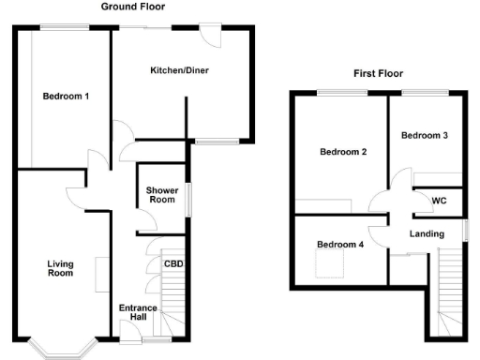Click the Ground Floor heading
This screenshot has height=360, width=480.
[134, 6]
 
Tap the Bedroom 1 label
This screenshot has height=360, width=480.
[66, 96]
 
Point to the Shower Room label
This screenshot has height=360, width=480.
[161, 194]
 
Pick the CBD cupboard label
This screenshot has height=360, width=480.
[173, 263]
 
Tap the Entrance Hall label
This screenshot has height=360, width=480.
[138, 313]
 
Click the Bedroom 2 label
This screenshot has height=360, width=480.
[342, 152]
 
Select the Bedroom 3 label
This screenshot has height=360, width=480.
[425, 136]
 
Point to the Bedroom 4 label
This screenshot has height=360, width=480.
[338, 245]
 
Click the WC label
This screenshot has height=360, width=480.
[439, 202]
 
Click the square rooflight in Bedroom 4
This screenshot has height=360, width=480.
[327, 267]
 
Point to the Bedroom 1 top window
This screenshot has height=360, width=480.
[63, 29]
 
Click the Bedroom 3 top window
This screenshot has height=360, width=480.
[424, 92]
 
